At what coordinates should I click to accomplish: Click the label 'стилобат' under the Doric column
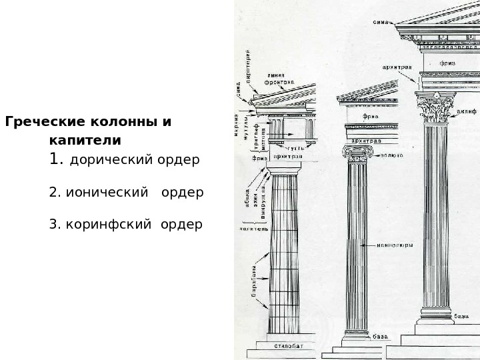click(x=288, y=347)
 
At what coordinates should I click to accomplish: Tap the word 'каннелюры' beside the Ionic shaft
click(x=395, y=245)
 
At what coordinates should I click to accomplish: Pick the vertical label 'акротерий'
click(x=248, y=66)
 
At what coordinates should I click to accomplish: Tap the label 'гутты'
click(x=295, y=147)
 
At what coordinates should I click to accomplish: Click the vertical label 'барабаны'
click(x=254, y=281)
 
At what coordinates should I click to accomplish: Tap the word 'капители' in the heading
click(x=85, y=141)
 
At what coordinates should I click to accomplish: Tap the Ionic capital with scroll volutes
click(x=357, y=153)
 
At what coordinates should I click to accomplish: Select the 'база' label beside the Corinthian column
click(x=461, y=316)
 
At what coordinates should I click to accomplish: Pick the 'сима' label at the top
click(x=381, y=22)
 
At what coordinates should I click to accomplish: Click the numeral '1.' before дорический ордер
click(x=57, y=160)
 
